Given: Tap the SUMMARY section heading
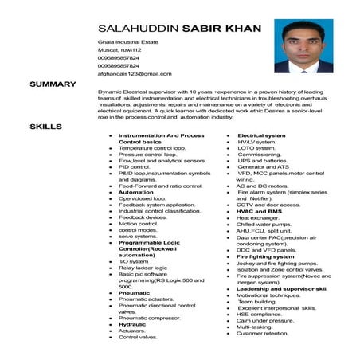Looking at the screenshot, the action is click(x=53, y=84).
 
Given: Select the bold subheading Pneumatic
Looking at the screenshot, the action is click(x=135, y=293).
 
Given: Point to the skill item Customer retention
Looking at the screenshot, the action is click(x=263, y=333).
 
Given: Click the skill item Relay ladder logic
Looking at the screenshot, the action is click(x=144, y=268).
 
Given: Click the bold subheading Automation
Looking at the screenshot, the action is click(x=136, y=192).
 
